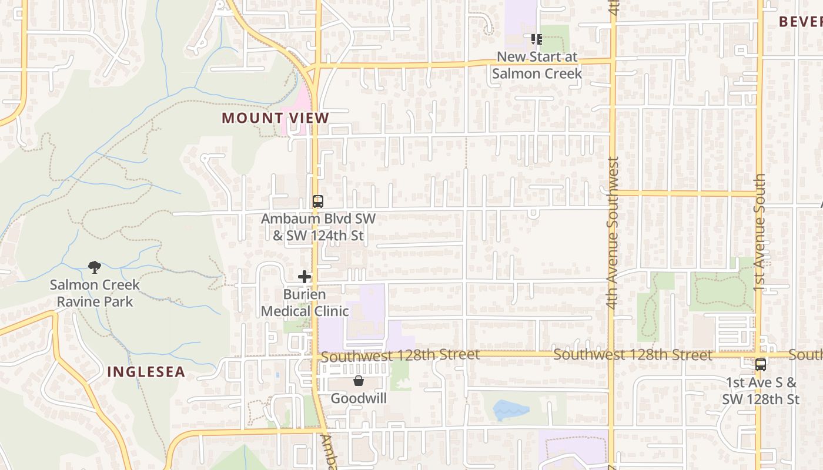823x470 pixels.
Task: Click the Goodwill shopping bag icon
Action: click(358, 381)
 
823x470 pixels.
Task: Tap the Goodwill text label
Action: click(358, 398)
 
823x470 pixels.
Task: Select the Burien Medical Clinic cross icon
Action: click(304, 277)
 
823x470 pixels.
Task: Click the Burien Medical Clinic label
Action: click(305, 303)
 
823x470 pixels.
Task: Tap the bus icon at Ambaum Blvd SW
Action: click(317, 202)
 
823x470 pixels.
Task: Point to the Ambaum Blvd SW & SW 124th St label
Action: click(318, 227)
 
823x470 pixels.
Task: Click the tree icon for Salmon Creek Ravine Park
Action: click(94, 268)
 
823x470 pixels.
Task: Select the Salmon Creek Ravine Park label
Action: click(95, 293)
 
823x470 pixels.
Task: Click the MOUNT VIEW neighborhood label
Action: click(275, 118)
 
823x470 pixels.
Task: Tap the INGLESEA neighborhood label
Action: click(146, 372)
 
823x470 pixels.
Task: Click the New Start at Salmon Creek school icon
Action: click(536, 39)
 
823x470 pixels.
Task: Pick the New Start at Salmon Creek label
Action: click(537, 65)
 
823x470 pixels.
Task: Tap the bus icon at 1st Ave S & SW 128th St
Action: click(760, 365)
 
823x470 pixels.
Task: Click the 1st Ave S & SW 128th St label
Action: click(761, 391)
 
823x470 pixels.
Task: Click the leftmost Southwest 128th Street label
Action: click(400, 355)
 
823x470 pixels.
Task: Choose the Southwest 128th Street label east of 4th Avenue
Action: click(633, 355)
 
